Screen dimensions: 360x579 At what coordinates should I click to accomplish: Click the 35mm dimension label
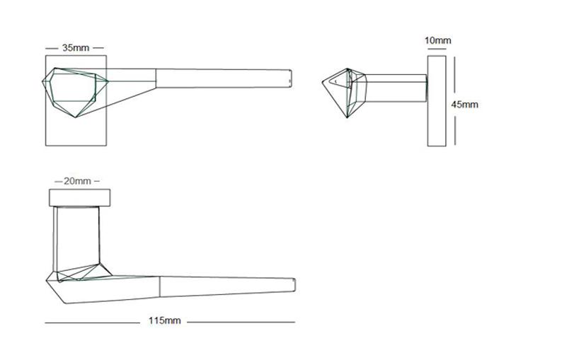(76, 48)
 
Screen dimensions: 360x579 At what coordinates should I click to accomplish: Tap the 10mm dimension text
(437, 41)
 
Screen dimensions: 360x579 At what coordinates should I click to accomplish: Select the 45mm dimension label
(464, 104)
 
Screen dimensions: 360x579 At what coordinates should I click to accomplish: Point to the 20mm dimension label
(76, 181)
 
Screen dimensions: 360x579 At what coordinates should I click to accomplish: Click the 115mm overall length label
(164, 321)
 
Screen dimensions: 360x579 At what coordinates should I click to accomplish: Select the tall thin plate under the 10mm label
(437, 102)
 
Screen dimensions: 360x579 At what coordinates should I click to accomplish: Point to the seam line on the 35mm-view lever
(155, 78)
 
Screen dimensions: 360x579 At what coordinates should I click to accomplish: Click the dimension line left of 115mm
(92, 323)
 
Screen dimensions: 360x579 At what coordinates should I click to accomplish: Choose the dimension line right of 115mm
(241, 323)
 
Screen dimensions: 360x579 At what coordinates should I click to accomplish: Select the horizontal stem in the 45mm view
(396, 88)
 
